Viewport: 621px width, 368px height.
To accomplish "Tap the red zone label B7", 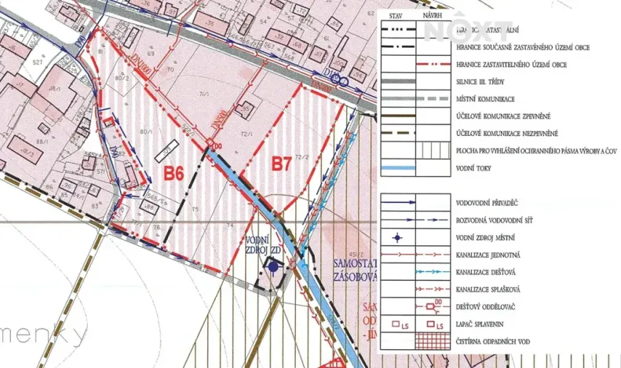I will (x=281, y=164).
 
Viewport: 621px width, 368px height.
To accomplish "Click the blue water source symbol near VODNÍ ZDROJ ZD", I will (x=272, y=267).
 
